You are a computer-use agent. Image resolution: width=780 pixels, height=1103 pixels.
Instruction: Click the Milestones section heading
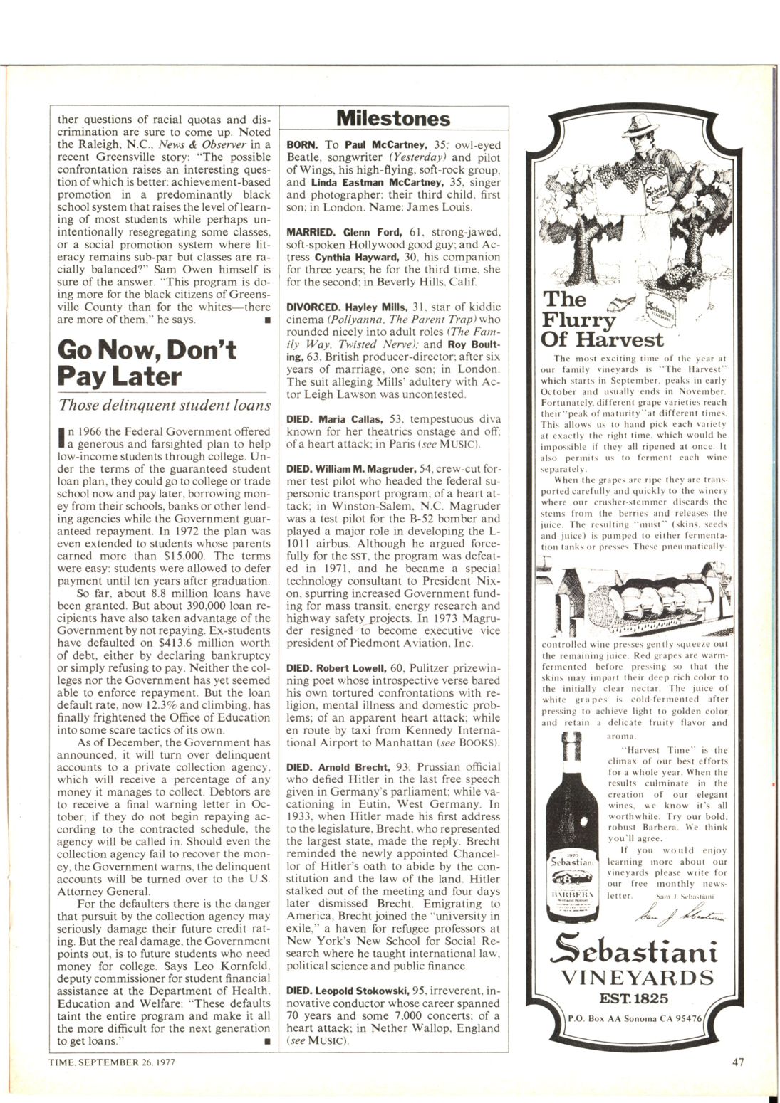(x=392, y=118)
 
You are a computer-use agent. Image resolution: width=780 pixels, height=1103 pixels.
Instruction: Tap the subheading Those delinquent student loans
(x=165, y=406)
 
